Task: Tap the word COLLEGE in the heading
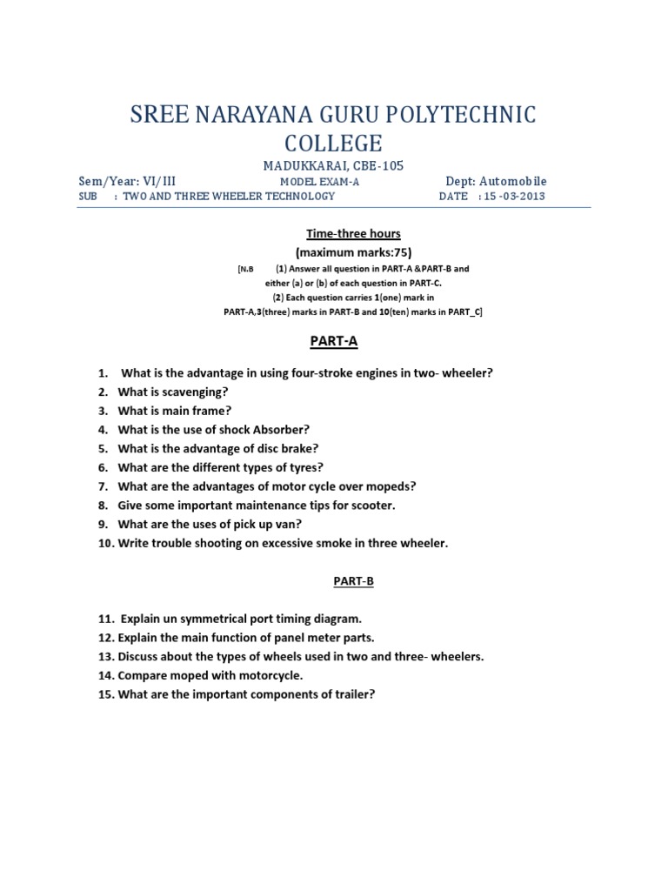[333, 143]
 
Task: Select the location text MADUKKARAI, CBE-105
[333, 165]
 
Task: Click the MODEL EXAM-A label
[319, 182]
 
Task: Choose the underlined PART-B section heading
[352, 580]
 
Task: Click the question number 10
[104, 543]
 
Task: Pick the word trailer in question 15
[352, 693]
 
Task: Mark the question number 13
[105, 656]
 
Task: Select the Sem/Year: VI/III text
[127, 181]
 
